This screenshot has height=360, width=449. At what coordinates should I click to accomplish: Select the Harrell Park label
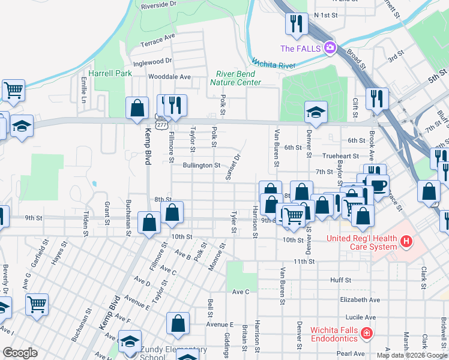110,73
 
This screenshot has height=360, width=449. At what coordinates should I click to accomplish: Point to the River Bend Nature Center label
235,79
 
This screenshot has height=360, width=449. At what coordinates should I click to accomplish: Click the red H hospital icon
406,242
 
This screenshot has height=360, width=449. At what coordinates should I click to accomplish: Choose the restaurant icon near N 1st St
296,23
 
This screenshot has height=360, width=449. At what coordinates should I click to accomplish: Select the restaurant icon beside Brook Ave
377,98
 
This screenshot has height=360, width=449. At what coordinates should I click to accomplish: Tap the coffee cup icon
378,184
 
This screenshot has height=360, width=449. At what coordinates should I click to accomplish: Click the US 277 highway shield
160,122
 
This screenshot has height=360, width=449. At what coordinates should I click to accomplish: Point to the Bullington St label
202,165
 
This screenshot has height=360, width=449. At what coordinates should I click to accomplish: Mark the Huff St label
340,280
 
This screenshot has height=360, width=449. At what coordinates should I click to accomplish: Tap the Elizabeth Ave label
360,299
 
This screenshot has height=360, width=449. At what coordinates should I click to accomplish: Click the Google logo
20,353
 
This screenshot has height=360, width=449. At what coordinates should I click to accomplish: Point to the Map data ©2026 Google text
412,355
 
